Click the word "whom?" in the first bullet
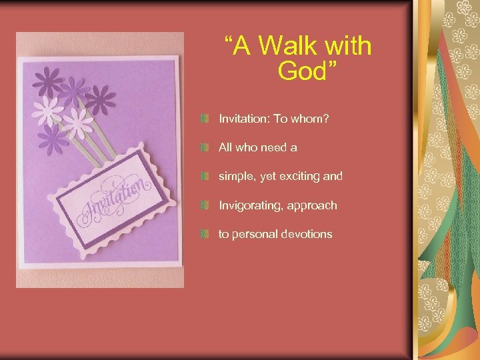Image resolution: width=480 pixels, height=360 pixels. coord(315,119)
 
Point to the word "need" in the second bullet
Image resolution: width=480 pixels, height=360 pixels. coord(275,147)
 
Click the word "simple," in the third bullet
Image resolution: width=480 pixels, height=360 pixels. coord(237,177)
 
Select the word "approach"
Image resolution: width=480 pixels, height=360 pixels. coord(313,205)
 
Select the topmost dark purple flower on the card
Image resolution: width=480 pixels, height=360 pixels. coord(49,82)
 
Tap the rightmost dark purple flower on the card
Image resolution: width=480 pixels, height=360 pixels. coord(100,100)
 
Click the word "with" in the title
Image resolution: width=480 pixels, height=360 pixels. coord(347,47)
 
